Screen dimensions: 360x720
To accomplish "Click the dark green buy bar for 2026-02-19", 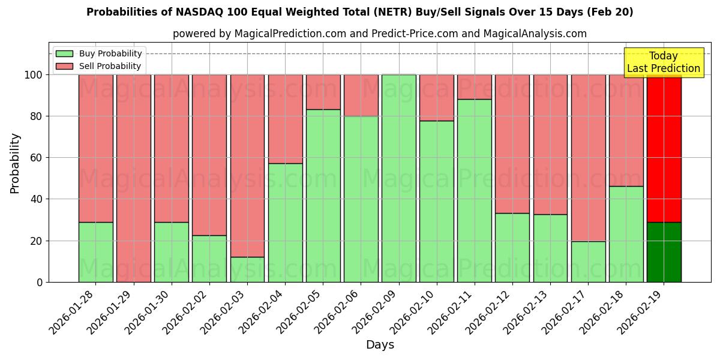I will click(664, 252).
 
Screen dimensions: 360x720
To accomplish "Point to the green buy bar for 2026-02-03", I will click(247, 269).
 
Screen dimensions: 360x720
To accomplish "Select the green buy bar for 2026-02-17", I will click(588, 262).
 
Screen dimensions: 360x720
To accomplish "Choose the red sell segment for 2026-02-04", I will click(285, 119).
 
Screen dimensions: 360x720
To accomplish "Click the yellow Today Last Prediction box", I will click(663, 62).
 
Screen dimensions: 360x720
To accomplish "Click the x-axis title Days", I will click(380, 345).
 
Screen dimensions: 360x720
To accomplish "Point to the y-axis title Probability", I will click(15, 163).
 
